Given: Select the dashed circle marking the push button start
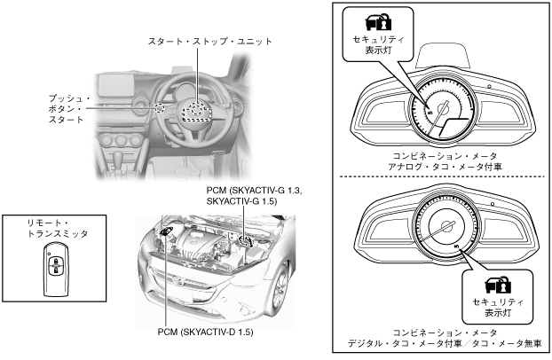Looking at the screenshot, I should point(160,108).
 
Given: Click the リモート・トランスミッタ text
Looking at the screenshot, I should point(54,231).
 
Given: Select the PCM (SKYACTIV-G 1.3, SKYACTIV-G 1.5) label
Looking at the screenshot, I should point(241,196).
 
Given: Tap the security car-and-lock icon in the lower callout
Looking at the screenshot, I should point(493,286).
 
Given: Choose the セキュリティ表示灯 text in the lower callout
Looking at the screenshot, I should point(493,311).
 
